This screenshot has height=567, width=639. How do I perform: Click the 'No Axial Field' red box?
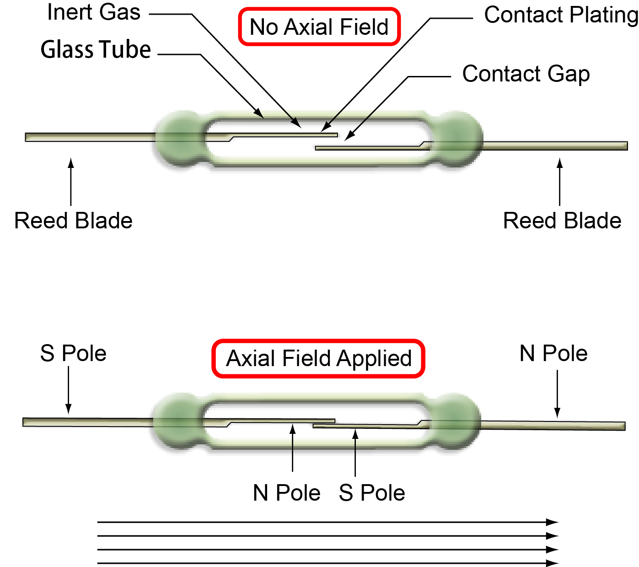tap(319, 27)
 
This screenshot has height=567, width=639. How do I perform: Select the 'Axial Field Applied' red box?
tap(319, 358)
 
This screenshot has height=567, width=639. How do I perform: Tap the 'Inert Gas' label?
tap(94, 12)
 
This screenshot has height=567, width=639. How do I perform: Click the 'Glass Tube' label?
tap(96, 49)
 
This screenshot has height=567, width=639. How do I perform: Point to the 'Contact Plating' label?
tap(561, 15)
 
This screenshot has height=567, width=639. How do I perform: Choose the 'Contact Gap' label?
tap(526, 74)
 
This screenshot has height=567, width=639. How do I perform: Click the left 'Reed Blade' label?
tap(73, 221)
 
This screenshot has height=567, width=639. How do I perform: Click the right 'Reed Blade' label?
tap(562, 221)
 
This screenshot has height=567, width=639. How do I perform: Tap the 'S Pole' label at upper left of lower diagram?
tap(73, 354)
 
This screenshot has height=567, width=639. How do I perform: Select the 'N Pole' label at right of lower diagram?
tap(553, 354)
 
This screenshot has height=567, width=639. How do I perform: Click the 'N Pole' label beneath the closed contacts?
tap(287, 493)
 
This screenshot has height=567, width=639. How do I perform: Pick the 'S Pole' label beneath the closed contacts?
tap(372, 493)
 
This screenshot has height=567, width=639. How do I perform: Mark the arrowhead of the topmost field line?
tap(553, 522)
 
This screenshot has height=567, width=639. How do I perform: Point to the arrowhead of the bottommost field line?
tap(553, 563)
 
